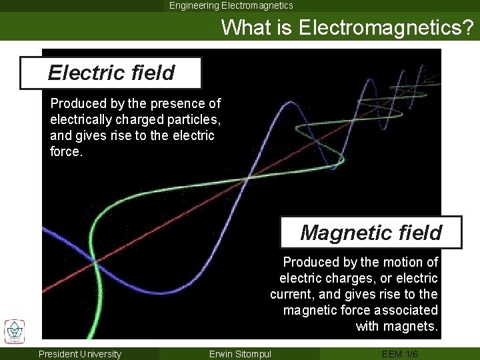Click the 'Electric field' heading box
point(111,73)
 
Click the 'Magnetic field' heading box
point(371,233)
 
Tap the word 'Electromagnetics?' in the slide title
point(386,27)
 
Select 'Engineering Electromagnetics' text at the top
point(231,5)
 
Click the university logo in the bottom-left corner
point(14,331)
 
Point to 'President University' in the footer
point(80,354)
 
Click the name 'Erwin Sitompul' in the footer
point(240,354)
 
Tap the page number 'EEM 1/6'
point(400,354)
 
